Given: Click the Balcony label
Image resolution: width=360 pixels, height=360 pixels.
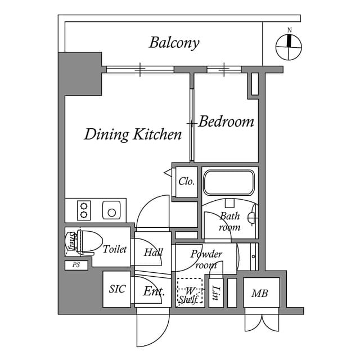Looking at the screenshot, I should pos(174,43).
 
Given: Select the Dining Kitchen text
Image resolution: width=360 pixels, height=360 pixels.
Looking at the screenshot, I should pos(133,134).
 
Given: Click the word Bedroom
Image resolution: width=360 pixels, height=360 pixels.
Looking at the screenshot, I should pos(226,121).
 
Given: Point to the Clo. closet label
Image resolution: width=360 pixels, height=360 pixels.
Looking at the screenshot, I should pos(186,182).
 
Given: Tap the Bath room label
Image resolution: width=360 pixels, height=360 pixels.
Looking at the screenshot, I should pos(229,222).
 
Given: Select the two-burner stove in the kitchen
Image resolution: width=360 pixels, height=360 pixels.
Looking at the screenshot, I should pos(84,210).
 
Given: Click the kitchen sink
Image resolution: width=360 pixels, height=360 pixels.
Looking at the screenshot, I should pos(111,211).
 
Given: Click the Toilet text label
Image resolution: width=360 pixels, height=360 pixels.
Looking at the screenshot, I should pos(115,249).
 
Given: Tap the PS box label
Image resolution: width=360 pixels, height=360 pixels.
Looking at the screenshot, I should pos(76,265).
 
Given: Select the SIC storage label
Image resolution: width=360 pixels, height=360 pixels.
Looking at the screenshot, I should pos(117,289).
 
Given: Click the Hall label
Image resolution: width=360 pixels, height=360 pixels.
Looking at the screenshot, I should pos(153,253).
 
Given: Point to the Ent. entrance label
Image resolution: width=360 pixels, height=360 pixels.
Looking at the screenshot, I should pos(153,291).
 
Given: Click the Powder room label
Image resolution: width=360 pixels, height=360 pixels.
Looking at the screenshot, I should pos(206,259).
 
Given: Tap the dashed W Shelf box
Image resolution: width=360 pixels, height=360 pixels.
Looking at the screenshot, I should pos(188,292).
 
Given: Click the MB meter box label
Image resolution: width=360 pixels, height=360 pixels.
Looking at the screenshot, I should pos(259,293).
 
